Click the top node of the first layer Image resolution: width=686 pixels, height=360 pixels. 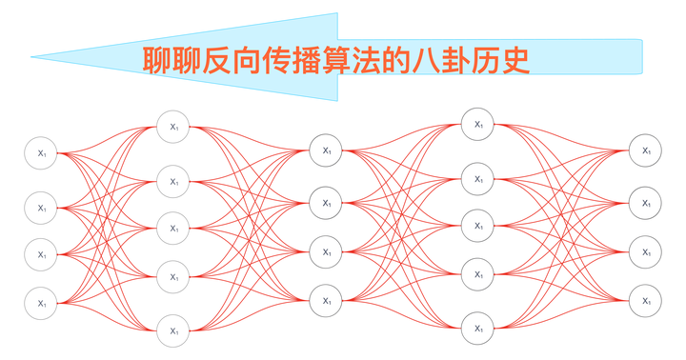[42, 153]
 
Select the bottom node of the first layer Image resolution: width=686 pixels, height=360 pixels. [42, 302]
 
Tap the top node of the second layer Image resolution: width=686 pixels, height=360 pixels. [174, 127]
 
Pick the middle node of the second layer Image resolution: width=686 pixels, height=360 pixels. [174, 229]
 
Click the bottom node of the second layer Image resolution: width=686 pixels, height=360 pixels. [174, 330]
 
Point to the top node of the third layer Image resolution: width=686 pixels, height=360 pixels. [327, 150]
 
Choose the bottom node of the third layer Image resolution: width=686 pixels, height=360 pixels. [327, 301]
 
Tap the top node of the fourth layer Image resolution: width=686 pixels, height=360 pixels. [478, 124]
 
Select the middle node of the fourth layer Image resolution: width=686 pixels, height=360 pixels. [478, 227]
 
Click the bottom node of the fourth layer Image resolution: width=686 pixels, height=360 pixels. [478, 329]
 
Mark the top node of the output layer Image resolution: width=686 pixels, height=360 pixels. [646, 150]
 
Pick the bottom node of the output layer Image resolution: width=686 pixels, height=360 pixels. [646, 301]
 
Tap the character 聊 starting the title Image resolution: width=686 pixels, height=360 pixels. [157, 60]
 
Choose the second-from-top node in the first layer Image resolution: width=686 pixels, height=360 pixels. [42, 207]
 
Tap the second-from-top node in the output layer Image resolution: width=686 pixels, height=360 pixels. [646, 203]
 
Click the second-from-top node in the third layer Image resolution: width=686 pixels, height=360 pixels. [327, 203]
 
